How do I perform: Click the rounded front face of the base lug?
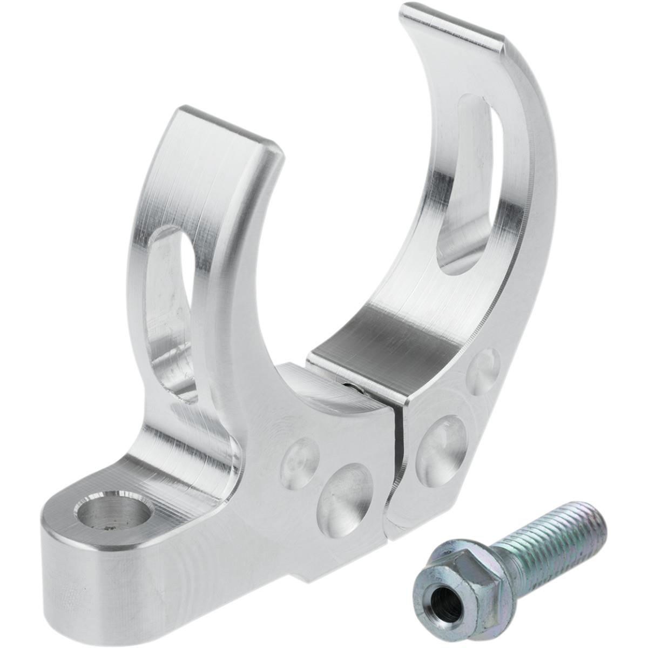tap(70, 567)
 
